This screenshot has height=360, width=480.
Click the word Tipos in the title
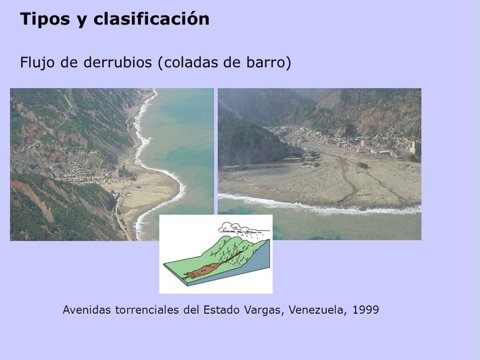coord(41,20)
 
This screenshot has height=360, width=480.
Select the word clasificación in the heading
coord(152,18)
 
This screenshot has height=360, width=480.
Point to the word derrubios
coord(117,62)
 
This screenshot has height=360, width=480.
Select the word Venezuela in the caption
coord(318,310)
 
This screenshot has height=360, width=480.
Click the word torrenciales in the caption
coord(147,310)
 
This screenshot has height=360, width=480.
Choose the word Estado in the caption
coord(221,310)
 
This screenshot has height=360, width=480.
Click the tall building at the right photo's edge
coord(415,148)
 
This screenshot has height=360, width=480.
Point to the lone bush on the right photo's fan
coord(363,165)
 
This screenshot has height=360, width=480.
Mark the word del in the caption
coord(191,310)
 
